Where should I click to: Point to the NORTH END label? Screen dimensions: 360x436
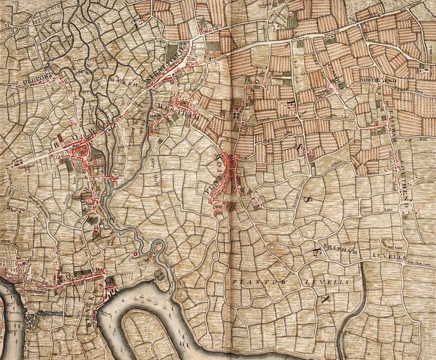pyautogui.click(x=372, y=80)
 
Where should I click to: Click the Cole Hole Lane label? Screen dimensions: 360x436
pyautogui.click(x=419, y=262)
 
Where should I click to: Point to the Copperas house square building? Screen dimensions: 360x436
pyautogui.click(x=136, y=254)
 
